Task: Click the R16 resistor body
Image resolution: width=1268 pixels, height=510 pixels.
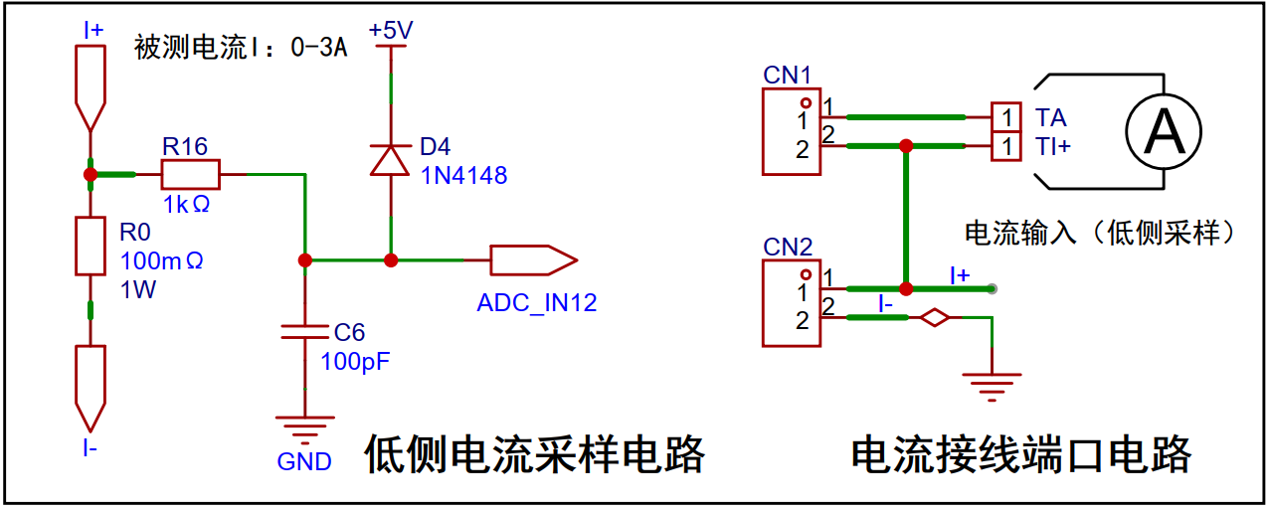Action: tap(191, 174)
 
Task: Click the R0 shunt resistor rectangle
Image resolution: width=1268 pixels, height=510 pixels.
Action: tap(91, 247)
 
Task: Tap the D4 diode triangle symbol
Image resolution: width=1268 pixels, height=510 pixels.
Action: tap(390, 160)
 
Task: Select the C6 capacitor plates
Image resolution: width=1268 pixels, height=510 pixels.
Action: tap(305, 332)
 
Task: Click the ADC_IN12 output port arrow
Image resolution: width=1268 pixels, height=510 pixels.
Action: tap(534, 260)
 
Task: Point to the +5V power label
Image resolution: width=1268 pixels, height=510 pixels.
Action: tap(391, 30)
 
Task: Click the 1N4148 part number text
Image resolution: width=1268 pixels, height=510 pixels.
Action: tap(463, 176)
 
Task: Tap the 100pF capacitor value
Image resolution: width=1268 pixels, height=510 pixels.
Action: tap(355, 361)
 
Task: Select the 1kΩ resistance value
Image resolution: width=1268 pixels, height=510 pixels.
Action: tap(186, 205)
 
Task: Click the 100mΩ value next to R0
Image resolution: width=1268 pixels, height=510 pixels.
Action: tap(161, 260)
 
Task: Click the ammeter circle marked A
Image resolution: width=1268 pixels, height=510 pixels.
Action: tap(1164, 132)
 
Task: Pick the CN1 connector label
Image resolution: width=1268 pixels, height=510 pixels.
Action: tap(787, 75)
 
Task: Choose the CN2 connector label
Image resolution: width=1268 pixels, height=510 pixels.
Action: tap(788, 247)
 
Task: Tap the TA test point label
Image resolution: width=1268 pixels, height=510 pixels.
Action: tap(1050, 117)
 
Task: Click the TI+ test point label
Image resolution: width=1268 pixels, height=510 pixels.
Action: tap(1053, 146)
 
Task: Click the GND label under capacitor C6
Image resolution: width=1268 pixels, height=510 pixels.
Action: tap(304, 462)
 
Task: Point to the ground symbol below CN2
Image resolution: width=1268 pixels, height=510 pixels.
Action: tap(992, 387)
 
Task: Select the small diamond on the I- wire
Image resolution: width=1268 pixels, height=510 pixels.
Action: tap(935, 317)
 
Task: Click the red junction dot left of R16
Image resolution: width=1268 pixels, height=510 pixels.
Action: tap(91, 174)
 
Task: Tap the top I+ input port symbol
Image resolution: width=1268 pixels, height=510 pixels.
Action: tap(91, 88)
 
